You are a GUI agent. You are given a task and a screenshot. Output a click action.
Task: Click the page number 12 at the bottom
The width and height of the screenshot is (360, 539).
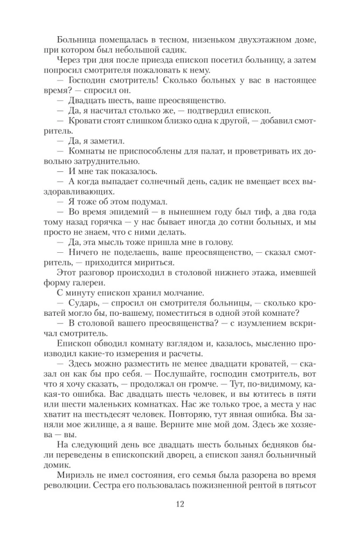[x=180, y=504]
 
